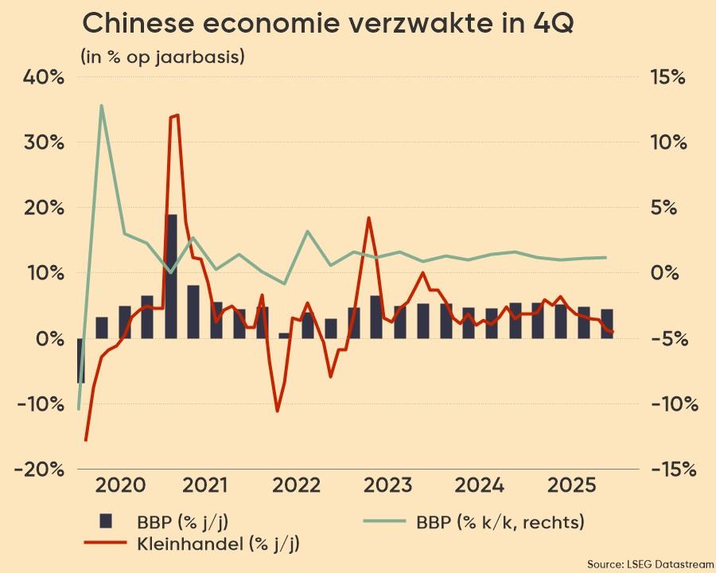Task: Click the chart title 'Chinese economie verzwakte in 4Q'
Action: pos(328,25)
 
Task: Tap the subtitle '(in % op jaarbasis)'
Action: pos(162,57)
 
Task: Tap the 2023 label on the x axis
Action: pos(389,485)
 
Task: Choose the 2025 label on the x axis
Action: pos(569,485)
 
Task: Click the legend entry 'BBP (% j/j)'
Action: pos(171,522)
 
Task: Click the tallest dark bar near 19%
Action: pos(172,271)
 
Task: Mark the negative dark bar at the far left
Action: pos(80,360)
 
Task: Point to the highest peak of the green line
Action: pos(102,105)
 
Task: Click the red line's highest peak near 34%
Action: pos(174,116)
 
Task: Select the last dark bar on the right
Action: pos(607,323)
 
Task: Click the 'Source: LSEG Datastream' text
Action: pos(650,563)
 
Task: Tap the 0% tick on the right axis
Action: pos(667,273)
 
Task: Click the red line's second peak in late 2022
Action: pos(368,217)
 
